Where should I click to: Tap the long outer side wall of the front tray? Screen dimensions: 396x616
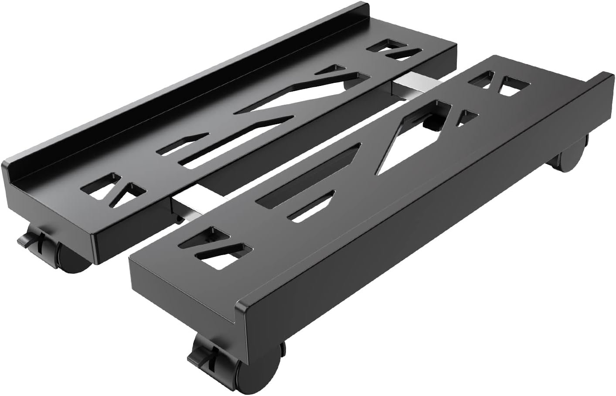[414, 244]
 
